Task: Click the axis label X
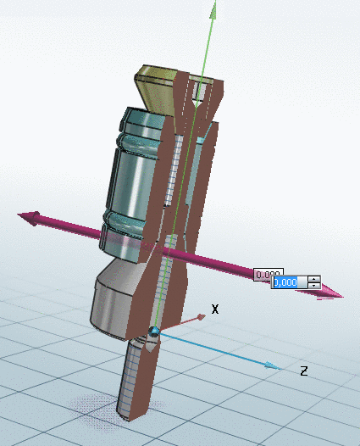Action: [x=215, y=309]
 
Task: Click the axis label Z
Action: [x=303, y=371]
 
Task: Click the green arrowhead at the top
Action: [x=214, y=9]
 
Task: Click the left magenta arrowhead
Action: [x=30, y=219]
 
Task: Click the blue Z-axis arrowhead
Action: [x=272, y=365]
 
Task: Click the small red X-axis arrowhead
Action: [x=201, y=317]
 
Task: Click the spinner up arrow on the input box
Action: [x=314, y=279]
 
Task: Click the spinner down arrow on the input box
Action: [x=314, y=286]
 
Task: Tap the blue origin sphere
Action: [x=154, y=331]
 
